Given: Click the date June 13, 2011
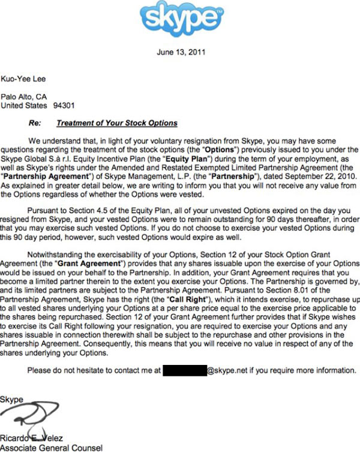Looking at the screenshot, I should pos(181,52).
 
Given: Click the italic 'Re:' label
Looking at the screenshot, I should pos(34,123).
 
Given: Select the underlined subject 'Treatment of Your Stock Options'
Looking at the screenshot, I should pos(116,123).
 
